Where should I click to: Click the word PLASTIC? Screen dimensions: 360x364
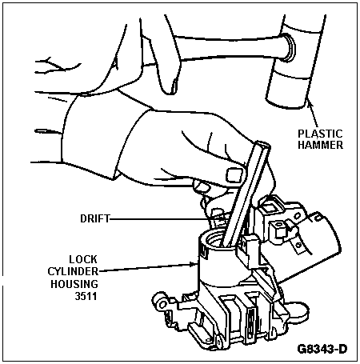coord(320,134)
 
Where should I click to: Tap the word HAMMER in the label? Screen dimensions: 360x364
coord(320,145)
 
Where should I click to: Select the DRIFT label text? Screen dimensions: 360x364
coord(95,218)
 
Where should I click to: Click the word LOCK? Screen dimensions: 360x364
coord(83,259)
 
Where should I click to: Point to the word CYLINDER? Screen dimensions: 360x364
coord(73,271)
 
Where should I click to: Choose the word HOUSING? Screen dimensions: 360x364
coord(74,284)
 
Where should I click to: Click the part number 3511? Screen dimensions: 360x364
coord(86,296)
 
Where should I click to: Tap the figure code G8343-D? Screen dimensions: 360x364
coord(322,349)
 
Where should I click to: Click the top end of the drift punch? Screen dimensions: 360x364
coord(262,145)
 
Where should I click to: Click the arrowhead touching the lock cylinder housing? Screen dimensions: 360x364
coord(194,264)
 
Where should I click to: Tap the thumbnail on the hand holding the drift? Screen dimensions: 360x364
coord(234,175)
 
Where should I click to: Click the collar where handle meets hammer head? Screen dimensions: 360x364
coord(289,47)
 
